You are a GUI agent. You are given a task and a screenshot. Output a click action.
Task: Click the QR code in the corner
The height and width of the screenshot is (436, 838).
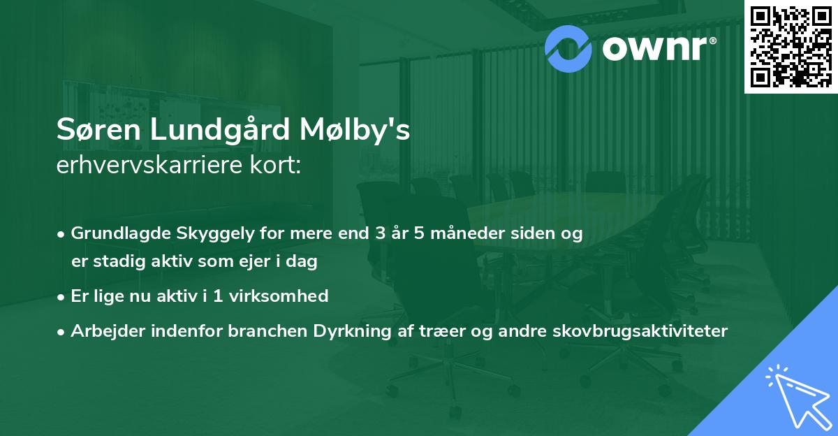coord(791,46)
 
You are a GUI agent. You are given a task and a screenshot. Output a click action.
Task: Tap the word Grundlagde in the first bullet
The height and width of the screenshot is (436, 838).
coord(116,233)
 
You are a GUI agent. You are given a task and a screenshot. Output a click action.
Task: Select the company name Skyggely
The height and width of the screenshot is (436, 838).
coord(201,233)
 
